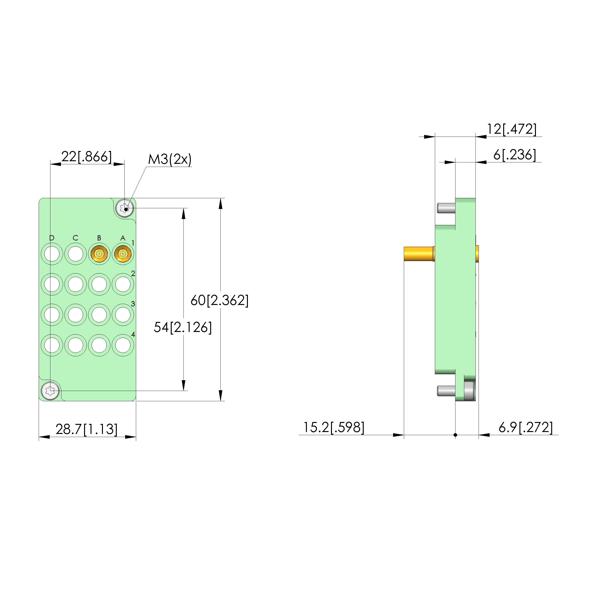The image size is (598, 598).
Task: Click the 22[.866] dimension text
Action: point(86,156)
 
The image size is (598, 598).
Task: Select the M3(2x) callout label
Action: point(170,159)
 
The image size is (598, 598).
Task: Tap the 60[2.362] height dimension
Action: point(219,300)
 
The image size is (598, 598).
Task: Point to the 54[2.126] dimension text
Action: point(183,327)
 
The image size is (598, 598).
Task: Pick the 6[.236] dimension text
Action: point(515,155)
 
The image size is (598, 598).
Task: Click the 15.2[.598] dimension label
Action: point(334,427)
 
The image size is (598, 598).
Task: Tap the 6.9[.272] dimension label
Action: point(526,427)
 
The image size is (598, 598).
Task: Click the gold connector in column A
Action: point(123,254)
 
